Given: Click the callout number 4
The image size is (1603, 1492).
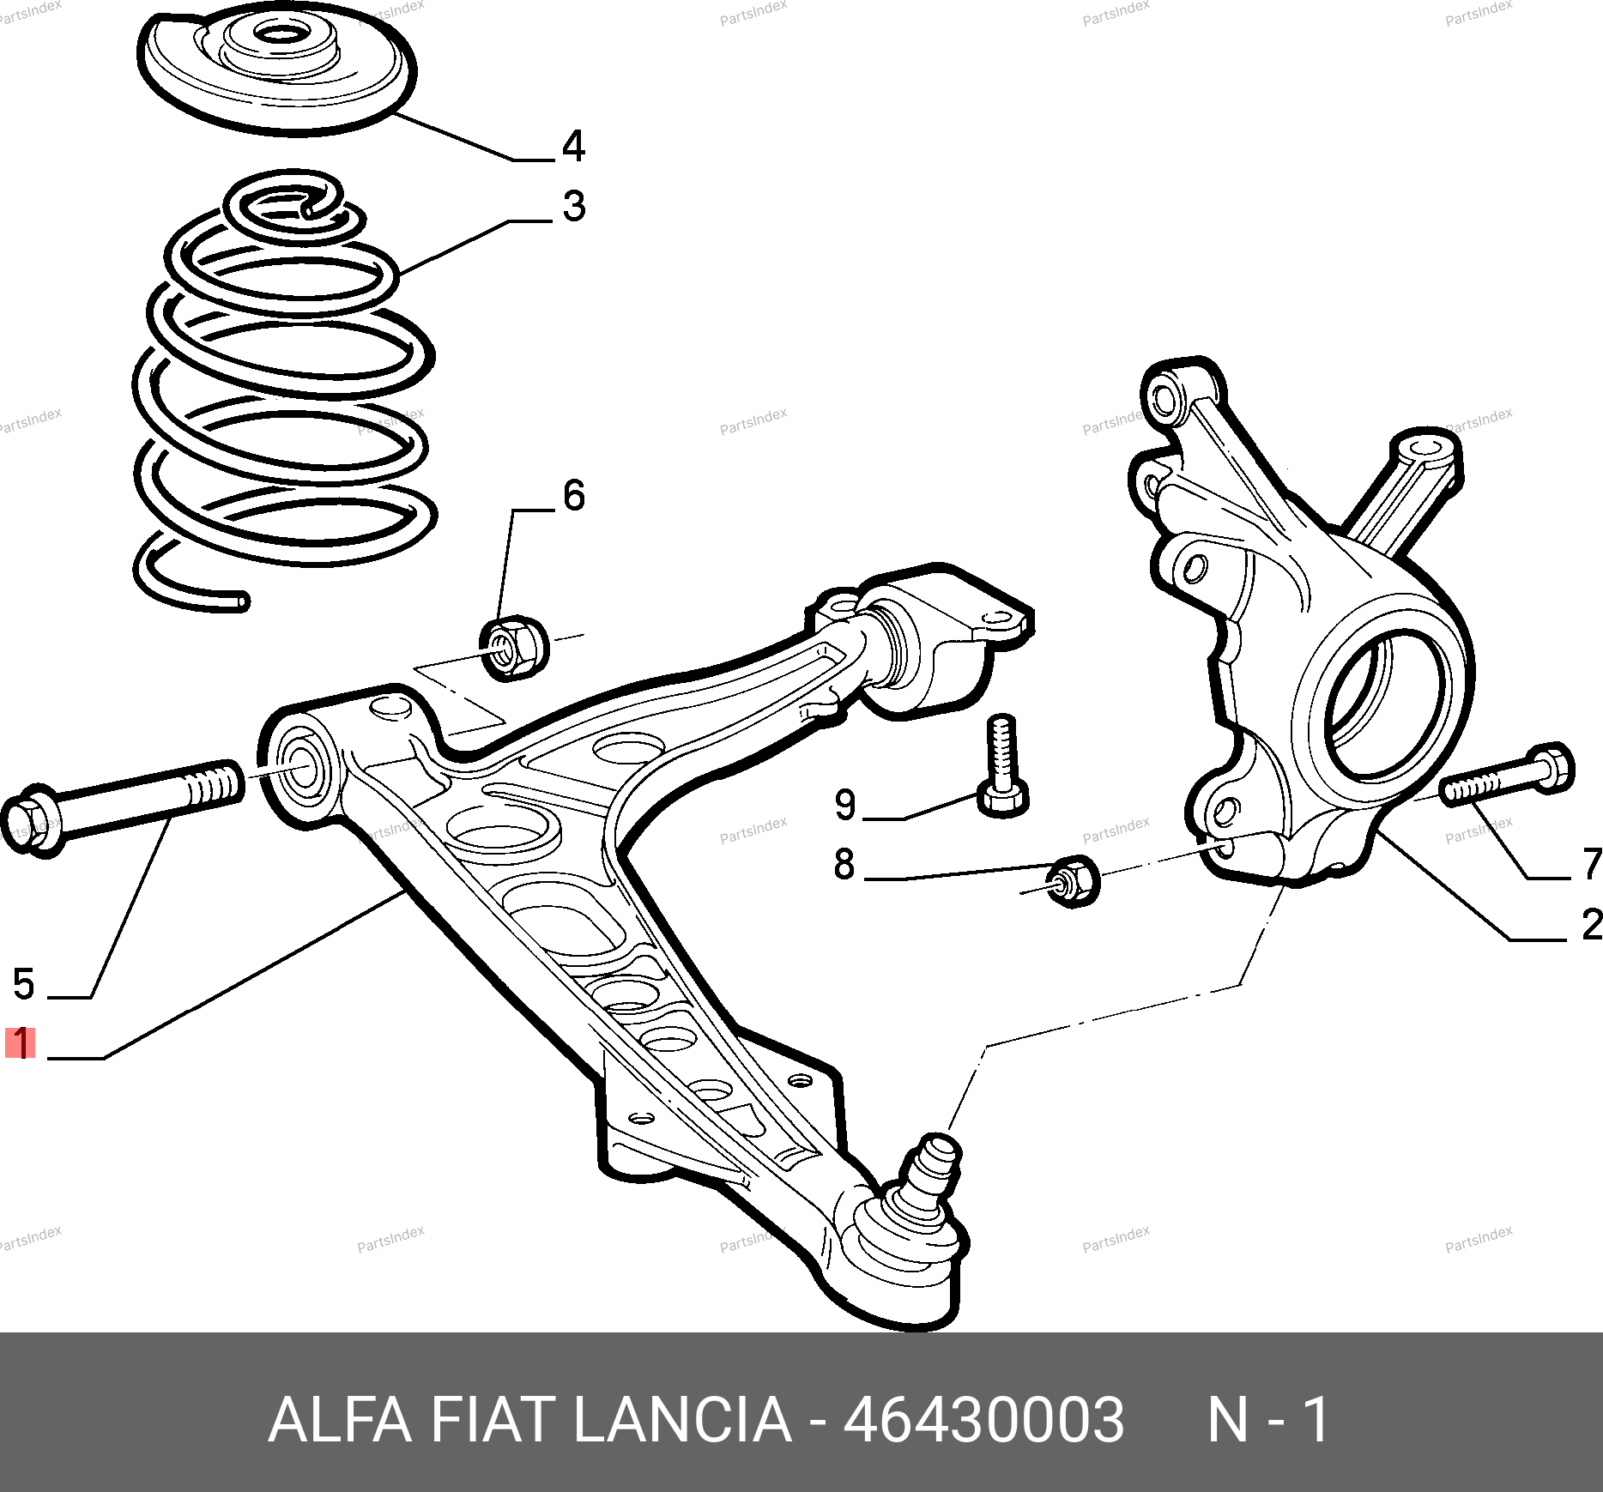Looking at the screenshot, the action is tap(573, 146).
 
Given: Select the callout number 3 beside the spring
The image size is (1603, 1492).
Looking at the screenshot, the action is tap(574, 206).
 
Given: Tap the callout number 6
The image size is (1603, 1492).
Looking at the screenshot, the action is tap(574, 495).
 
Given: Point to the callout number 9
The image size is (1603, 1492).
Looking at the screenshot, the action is tap(845, 805).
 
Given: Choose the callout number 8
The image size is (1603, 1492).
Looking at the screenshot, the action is tap(844, 864).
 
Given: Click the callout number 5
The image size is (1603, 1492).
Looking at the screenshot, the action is tap(24, 983).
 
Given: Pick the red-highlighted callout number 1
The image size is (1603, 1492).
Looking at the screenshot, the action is tap(21, 1043).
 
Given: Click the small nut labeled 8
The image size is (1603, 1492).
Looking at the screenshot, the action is tap(1073, 880).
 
